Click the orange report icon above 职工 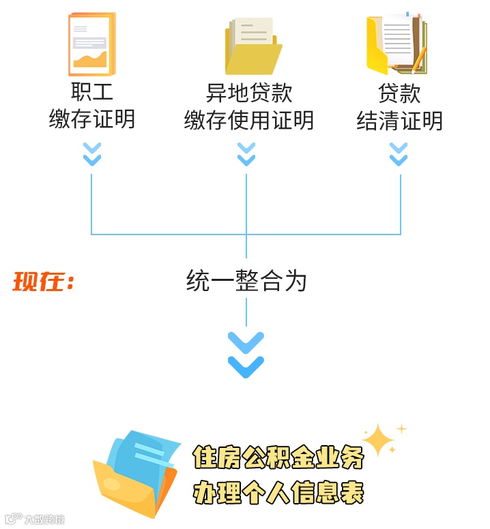click(92, 44)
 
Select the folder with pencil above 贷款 click(397, 44)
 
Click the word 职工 click(92, 92)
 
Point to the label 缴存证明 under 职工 click(92, 120)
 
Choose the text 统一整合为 click(246, 281)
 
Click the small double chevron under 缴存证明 click(92, 154)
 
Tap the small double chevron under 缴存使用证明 click(246, 154)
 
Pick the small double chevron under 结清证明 click(399, 154)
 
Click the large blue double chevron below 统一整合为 click(246, 354)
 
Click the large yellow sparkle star click(379, 441)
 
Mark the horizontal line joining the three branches click(171, 235)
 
